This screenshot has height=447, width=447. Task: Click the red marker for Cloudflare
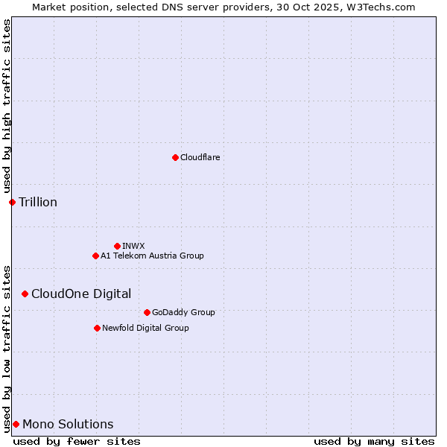(175, 157)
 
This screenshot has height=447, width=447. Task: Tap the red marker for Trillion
(12, 202)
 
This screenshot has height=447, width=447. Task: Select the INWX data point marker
(117, 246)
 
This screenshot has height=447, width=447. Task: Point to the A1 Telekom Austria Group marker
(95, 256)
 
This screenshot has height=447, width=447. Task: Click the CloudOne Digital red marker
(25, 294)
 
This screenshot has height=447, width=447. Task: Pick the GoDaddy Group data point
(147, 312)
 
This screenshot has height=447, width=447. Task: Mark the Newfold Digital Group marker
(97, 328)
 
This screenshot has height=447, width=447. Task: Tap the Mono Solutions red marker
(16, 424)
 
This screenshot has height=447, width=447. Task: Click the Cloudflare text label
(200, 157)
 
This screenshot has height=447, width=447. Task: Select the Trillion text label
(38, 202)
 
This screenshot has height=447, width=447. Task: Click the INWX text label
(133, 246)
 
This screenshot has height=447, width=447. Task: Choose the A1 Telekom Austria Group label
(152, 256)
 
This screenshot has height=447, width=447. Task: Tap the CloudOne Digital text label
(81, 294)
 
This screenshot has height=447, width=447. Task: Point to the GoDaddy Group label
(183, 312)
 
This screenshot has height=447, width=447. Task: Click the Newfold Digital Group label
(145, 328)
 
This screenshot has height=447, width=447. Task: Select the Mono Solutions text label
(68, 424)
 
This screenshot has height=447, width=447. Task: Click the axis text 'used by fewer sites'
(77, 441)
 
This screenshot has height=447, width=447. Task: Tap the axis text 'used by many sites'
(374, 441)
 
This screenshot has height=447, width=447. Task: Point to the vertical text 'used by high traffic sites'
(7, 107)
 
